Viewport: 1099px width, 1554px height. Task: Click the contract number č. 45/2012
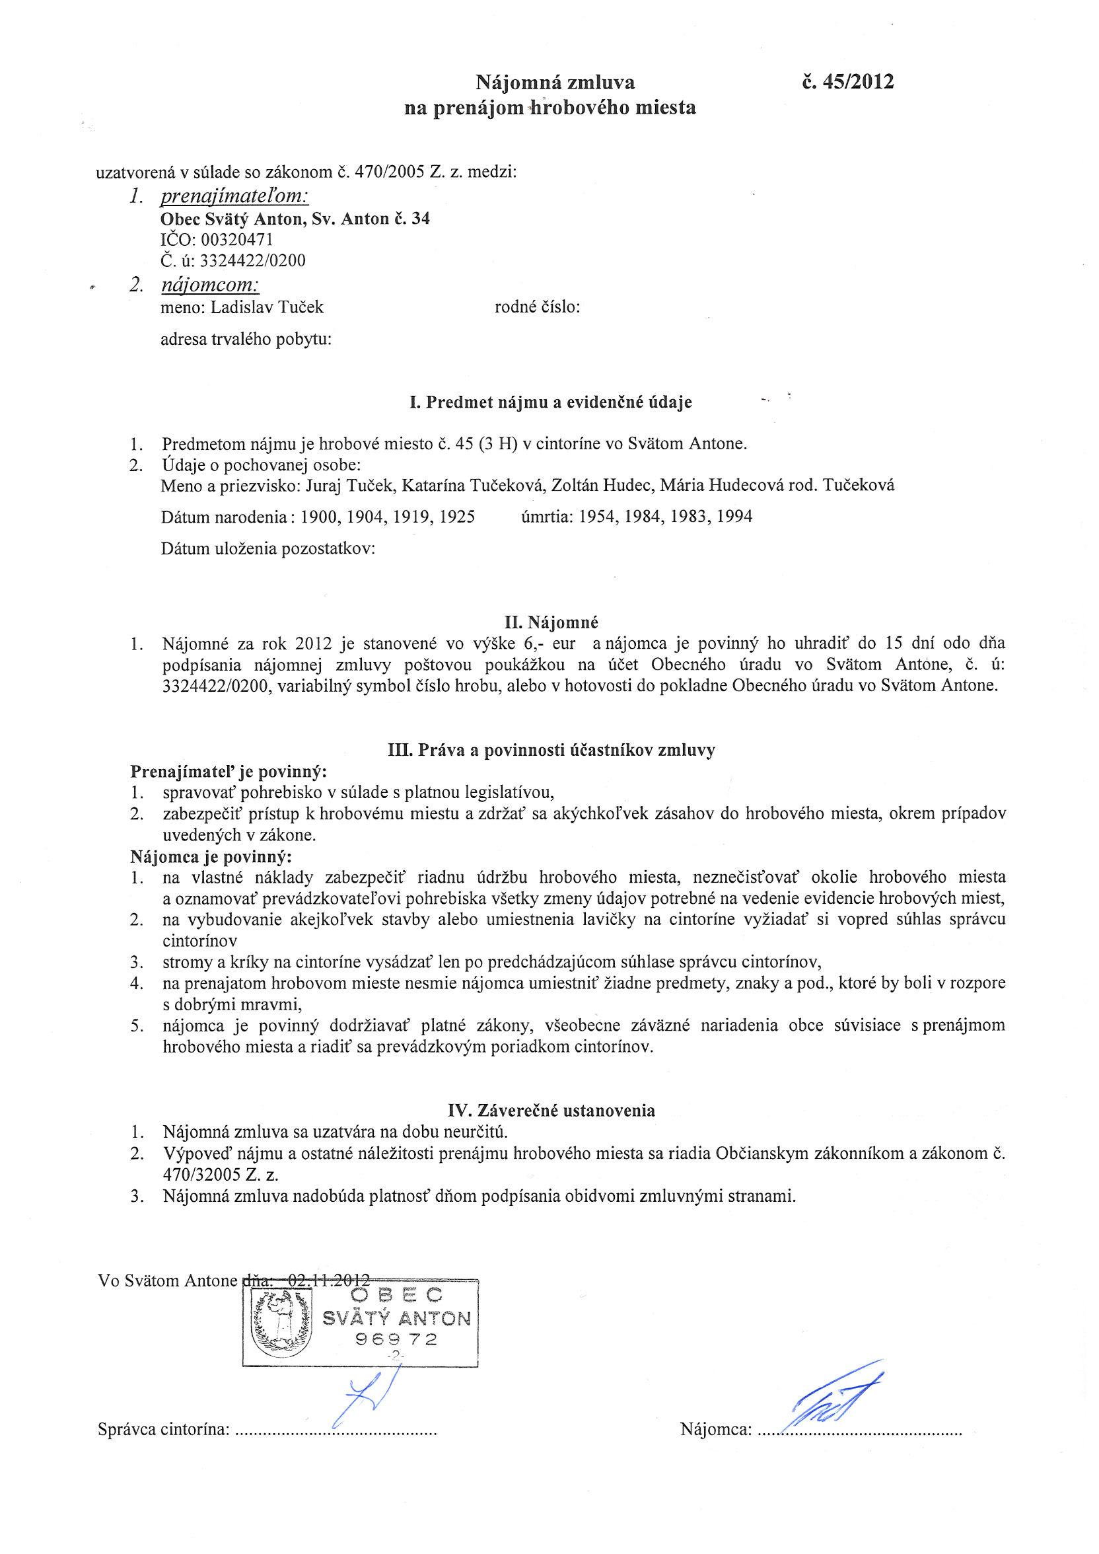click(847, 83)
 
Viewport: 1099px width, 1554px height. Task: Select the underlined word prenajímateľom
click(234, 197)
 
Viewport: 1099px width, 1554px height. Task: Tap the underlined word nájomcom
click(211, 285)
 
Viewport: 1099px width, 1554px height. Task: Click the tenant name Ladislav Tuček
click(267, 307)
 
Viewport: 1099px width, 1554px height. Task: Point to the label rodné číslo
click(538, 307)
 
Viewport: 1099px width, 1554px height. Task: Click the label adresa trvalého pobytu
click(246, 339)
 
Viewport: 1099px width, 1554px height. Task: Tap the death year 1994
click(734, 517)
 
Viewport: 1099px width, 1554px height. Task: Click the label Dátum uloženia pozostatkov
click(268, 549)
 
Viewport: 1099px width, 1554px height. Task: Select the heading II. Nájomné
click(548, 621)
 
